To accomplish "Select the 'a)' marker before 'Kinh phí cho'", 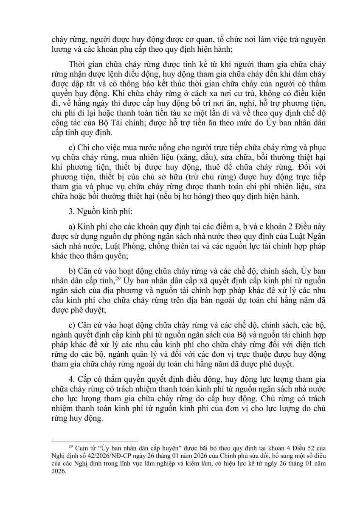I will (x=72, y=228).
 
